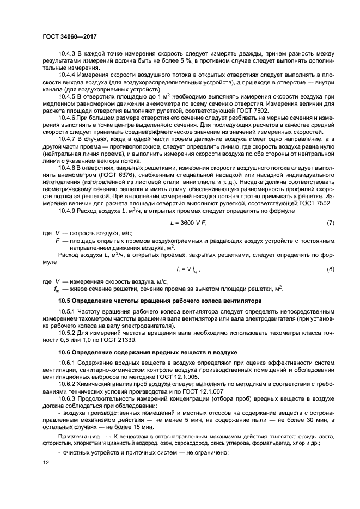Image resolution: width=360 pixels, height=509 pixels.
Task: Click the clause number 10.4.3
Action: (x=68, y=53)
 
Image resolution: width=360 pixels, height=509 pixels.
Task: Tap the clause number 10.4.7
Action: (x=68, y=139)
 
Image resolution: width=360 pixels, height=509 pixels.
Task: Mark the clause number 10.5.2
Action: (x=68, y=332)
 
